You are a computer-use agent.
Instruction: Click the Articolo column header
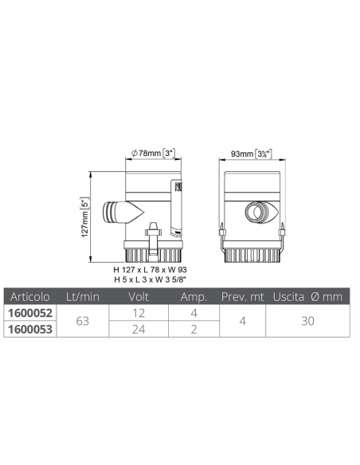pyautogui.click(x=30, y=296)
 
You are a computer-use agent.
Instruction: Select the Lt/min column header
pyautogui.click(x=83, y=296)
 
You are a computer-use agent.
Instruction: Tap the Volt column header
pyautogui.click(x=139, y=296)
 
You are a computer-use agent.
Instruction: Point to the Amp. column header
pyautogui.click(x=194, y=297)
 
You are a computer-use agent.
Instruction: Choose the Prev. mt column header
pyautogui.click(x=243, y=296)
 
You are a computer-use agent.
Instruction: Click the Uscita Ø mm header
pyautogui.click(x=307, y=296)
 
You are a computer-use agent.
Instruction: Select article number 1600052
pyautogui.click(x=30, y=313)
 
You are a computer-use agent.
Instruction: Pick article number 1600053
pyautogui.click(x=30, y=329)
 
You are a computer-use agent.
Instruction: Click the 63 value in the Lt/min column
pyautogui.click(x=83, y=321)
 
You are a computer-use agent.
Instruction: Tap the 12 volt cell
pyautogui.click(x=139, y=313)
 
